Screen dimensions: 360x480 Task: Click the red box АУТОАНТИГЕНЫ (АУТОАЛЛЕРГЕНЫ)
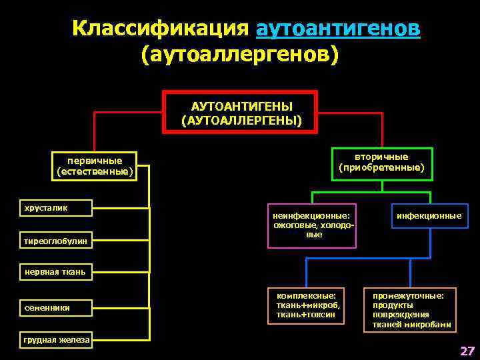click(241, 112)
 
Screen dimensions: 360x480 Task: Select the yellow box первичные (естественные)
click(95, 167)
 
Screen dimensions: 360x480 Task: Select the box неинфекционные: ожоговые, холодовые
click(311, 225)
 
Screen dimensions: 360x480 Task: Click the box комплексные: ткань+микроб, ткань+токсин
click(307, 305)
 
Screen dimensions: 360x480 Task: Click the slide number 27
click(467, 351)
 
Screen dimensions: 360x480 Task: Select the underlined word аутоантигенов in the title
click(338, 29)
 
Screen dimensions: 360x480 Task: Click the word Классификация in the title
click(161, 29)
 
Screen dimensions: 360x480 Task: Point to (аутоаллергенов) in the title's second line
click(240, 55)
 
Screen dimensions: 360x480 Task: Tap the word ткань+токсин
click(301, 315)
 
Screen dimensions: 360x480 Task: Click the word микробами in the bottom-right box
click(429, 325)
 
